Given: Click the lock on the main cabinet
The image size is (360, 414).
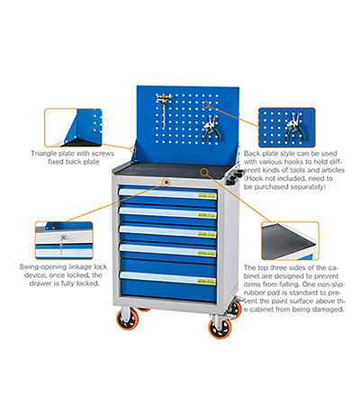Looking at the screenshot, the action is (x=166, y=182).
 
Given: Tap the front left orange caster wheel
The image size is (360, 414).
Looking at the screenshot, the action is (x=128, y=319).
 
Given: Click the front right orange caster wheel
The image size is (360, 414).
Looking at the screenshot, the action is (x=220, y=328).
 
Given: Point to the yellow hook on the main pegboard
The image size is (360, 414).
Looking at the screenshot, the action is (x=164, y=97).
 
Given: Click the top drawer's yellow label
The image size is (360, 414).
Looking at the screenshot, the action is (x=207, y=196).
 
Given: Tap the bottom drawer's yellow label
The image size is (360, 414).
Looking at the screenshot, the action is (x=207, y=281).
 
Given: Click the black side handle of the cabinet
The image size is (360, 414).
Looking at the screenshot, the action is (x=235, y=176).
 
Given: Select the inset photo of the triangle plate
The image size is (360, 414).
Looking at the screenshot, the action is (x=73, y=128).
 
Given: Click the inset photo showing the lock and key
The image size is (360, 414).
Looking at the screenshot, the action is (x=64, y=240).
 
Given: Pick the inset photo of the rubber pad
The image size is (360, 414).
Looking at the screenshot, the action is (x=290, y=241).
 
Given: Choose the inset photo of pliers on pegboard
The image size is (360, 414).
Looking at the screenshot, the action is (x=287, y=128).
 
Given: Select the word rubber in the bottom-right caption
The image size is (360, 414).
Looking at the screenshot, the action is (x=255, y=292).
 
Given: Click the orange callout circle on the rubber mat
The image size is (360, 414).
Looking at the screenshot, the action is (x=204, y=172).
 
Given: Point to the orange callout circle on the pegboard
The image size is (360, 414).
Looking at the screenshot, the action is (x=206, y=104).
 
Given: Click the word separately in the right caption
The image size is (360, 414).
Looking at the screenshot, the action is (x=303, y=187).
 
